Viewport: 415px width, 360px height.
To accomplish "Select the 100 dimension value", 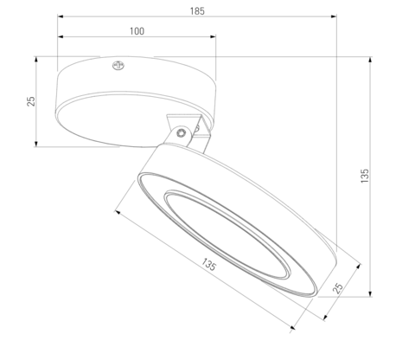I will [137, 31].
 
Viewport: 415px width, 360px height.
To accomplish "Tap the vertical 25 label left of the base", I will [31, 101].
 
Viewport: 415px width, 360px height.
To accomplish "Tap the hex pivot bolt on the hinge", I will [179, 133].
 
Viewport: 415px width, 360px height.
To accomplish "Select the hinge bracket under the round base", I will [188, 130].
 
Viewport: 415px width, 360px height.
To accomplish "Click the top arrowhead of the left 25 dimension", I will [37, 59].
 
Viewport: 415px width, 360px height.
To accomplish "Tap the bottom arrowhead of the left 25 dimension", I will [37, 145].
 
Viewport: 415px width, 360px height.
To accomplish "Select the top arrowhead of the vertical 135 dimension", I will [372, 59].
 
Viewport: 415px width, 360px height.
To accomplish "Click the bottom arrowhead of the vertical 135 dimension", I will [372, 294].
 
